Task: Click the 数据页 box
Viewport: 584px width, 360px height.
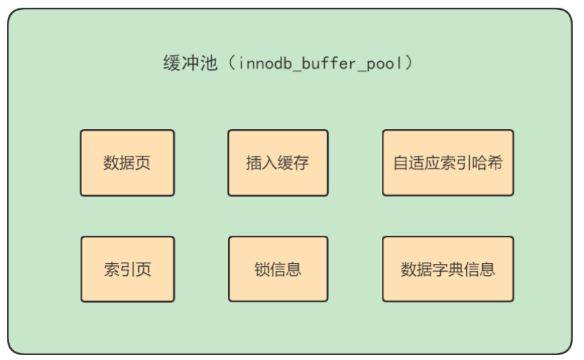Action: pyautogui.click(x=127, y=163)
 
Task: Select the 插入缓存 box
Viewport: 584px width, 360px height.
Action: pyautogui.click(x=278, y=163)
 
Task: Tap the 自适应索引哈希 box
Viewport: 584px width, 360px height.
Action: pyautogui.click(x=447, y=163)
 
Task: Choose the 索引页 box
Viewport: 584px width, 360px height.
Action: pyautogui.click(x=127, y=269)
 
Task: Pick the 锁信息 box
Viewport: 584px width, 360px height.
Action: pyautogui.click(x=278, y=269)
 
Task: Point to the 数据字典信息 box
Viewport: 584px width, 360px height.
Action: pyautogui.click(x=447, y=269)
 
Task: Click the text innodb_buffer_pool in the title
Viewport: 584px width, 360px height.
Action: pyautogui.click(x=320, y=65)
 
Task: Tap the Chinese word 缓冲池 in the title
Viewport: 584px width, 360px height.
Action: pyautogui.click(x=185, y=65)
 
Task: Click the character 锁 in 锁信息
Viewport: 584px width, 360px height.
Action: pyautogui.click(x=263, y=269)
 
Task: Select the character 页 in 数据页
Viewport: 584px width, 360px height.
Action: pyautogui.click(x=143, y=164)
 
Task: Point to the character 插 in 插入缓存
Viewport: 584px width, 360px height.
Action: pyautogui.click(x=254, y=164)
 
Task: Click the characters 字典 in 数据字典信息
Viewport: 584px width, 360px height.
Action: pyautogui.click(x=448, y=269)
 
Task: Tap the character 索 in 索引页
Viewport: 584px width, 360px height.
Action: pyautogui.click(x=112, y=269)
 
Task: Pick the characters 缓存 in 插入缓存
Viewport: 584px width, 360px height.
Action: pyautogui.click(x=293, y=164)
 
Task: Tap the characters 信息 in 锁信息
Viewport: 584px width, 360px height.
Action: pyautogui.click(x=286, y=269)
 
